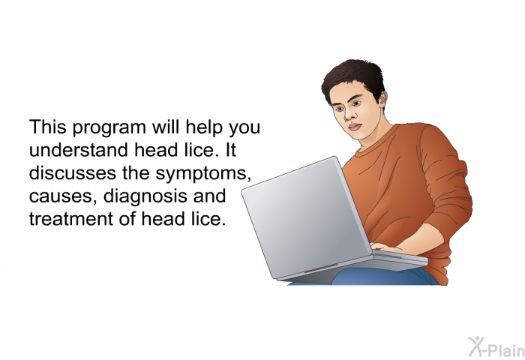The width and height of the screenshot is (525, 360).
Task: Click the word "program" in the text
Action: (x=109, y=128)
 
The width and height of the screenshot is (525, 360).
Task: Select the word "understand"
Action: (x=79, y=150)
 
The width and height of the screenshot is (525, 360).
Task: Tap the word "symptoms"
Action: (x=203, y=174)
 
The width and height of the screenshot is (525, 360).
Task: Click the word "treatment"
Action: (x=71, y=219)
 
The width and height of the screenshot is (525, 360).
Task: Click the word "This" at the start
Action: (x=47, y=127)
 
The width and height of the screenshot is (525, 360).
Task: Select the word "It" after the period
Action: (x=231, y=150)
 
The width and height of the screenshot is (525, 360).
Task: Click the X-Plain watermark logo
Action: (x=496, y=347)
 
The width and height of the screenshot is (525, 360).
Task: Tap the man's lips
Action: (x=354, y=127)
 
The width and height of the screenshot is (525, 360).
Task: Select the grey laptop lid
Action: (x=306, y=217)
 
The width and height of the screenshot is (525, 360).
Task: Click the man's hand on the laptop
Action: (x=385, y=247)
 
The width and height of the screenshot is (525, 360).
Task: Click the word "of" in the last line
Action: (x=127, y=219)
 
